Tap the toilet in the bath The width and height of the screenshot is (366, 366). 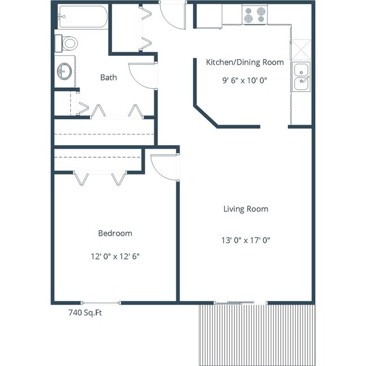pyautogui.click(x=67, y=43)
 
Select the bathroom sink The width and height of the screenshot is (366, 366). pyautogui.click(x=65, y=71)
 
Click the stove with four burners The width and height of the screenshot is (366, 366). pyautogui.click(x=254, y=15)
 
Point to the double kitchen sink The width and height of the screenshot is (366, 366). pyautogui.click(x=301, y=77)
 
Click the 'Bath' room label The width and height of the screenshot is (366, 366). pyautogui.click(x=109, y=77)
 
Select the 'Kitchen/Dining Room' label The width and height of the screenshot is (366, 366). pyautogui.click(x=244, y=62)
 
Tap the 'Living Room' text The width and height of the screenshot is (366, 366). pyautogui.click(x=246, y=209)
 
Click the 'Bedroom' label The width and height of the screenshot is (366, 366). pyautogui.click(x=115, y=233)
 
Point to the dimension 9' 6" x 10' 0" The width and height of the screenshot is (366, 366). pyautogui.click(x=244, y=80)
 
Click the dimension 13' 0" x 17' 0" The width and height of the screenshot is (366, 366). pyautogui.click(x=246, y=240)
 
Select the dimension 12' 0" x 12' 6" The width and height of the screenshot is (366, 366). pyautogui.click(x=115, y=256)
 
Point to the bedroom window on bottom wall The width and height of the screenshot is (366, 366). pyautogui.click(x=101, y=302)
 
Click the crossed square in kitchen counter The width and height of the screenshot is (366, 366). pyautogui.click(x=301, y=49)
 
